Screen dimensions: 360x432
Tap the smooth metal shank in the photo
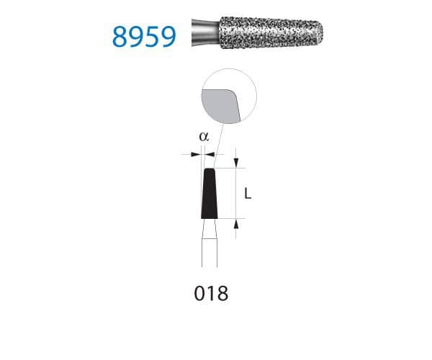(x=203, y=33)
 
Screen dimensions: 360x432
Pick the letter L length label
(x=247, y=194)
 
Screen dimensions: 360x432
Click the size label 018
(x=211, y=294)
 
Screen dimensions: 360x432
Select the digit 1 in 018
(x=211, y=294)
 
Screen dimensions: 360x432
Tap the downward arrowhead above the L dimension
(x=237, y=163)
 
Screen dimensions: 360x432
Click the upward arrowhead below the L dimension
(x=237, y=224)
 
